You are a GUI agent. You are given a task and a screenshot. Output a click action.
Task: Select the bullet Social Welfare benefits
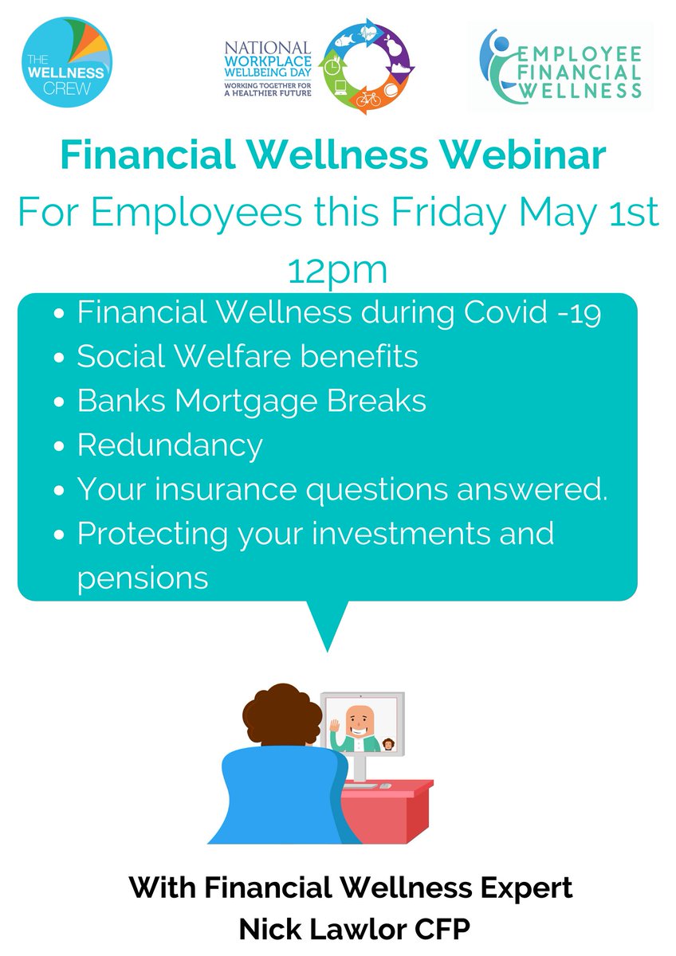tap(247, 357)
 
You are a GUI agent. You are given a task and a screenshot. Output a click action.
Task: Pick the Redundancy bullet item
tap(169, 445)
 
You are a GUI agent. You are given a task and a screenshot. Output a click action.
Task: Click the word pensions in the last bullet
tap(143, 577)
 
